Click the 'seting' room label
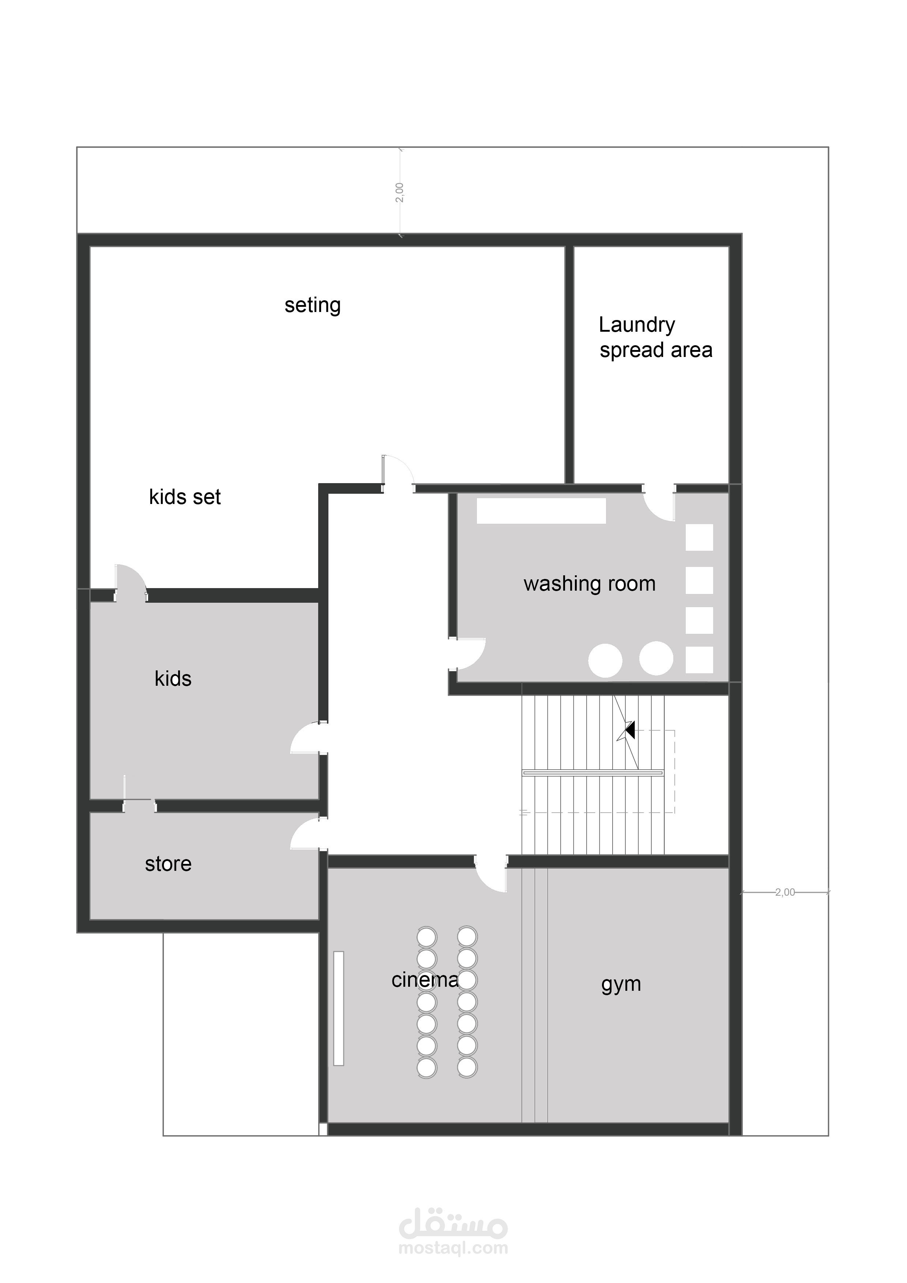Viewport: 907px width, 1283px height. tap(312, 305)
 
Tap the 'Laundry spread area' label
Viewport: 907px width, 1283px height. tap(655, 338)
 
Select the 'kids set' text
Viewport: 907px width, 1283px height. tap(185, 497)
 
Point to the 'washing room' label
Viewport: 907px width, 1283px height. tap(590, 584)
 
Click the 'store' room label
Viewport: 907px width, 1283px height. tap(168, 864)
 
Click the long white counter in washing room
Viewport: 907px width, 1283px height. tap(541, 511)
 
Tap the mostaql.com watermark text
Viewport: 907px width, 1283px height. tap(453, 1248)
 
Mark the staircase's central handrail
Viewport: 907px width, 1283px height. tap(593, 773)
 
